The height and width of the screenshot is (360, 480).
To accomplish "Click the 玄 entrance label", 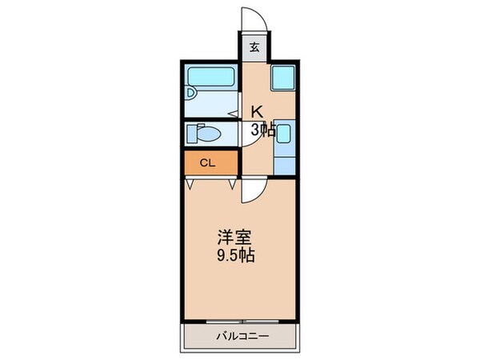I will [254, 47].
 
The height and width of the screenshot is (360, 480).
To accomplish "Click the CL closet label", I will [207, 163].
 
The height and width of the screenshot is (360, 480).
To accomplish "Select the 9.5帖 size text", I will [236, 258].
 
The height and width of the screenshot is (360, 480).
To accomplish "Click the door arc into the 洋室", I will [250, 190].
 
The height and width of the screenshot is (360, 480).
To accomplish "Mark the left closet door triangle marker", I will [190, 184].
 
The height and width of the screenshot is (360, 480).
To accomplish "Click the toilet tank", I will [193, 132].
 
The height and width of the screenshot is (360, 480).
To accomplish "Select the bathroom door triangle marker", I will [233, 113].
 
